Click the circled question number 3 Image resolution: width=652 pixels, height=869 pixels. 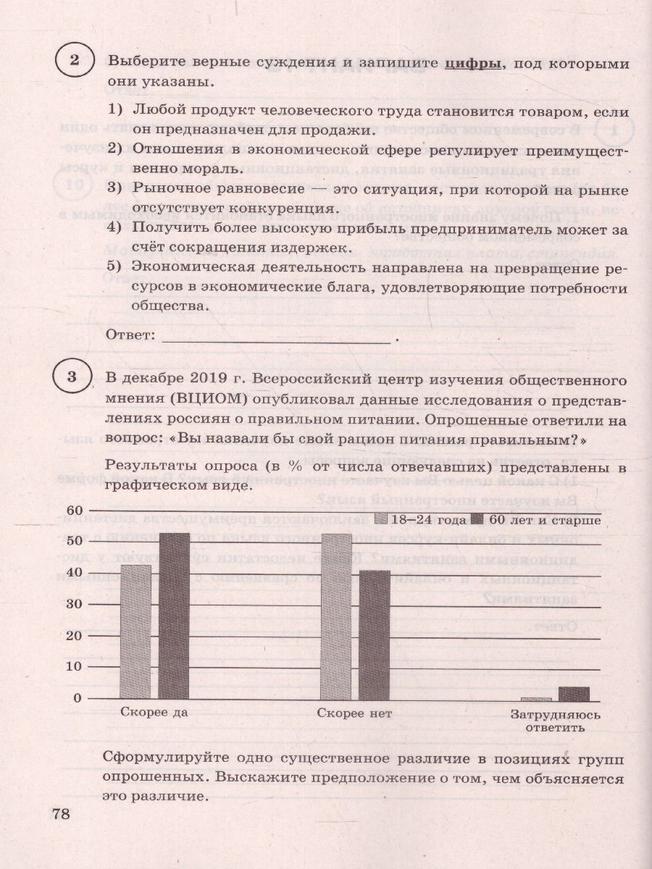pyautogui.click(x=70, y=377)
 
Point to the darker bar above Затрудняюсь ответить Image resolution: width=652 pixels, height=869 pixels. pyautogui.click(x=574, y=694)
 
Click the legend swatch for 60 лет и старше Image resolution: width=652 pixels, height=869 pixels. pyautogui.click(x=477, y=519)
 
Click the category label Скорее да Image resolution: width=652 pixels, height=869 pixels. pyautogui.click(x=155, y=713)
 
